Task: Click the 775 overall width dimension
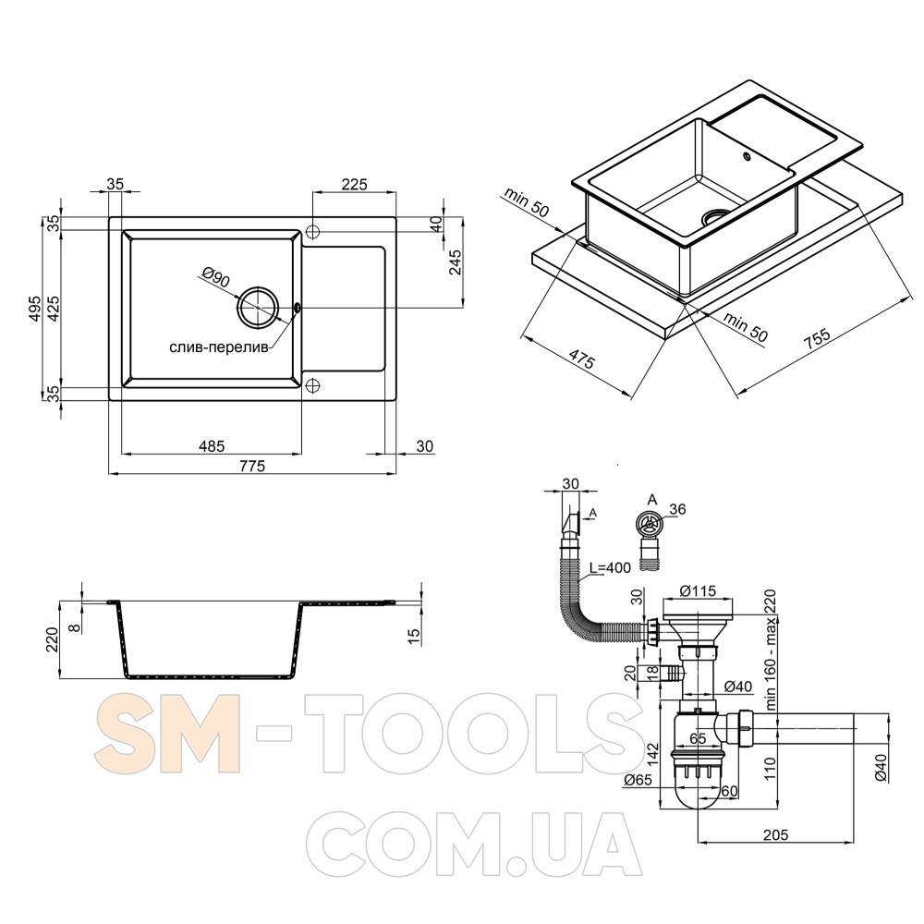(252, 466)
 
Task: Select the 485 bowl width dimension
(212, 446)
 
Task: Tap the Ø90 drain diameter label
(215, 277)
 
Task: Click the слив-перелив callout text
(219, 347)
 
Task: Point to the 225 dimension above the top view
(354, 185)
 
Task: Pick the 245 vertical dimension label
(455, 262)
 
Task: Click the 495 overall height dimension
(35, 309)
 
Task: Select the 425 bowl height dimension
(54, 309)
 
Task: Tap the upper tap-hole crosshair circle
(312, 231)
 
